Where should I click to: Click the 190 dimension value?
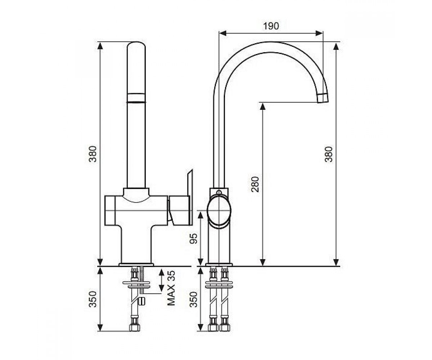[271, 26]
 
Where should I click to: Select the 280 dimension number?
[255, 184]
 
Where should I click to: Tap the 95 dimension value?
[194, 239]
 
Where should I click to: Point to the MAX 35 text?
[171, 288]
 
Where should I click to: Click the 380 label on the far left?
[93, 154]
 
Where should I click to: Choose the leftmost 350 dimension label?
[93, 299]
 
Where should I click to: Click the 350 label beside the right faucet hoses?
[194, 299]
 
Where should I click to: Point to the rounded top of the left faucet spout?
[136, 45]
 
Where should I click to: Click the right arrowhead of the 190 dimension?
[319, 33]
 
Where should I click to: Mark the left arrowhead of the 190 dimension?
[223, 33]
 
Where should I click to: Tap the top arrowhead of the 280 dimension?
[262, 106]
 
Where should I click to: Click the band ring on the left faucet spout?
[136, 98]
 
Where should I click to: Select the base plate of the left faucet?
[136, 264]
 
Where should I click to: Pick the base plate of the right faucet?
[219, 264]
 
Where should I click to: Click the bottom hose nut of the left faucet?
[135, 328]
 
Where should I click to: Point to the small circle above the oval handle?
[219, 193]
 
